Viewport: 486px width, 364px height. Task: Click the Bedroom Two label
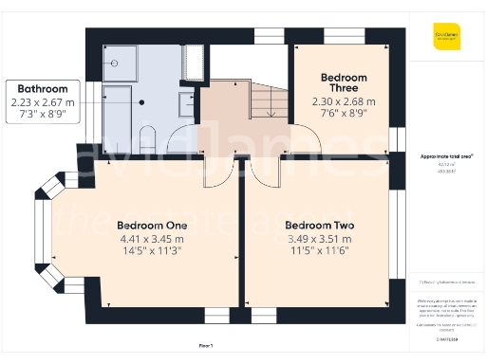[317, 227]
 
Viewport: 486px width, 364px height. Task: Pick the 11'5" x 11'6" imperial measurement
[317, 253]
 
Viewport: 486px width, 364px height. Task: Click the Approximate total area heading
[446, 155]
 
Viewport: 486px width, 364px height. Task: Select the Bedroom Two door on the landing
[263, 172]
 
